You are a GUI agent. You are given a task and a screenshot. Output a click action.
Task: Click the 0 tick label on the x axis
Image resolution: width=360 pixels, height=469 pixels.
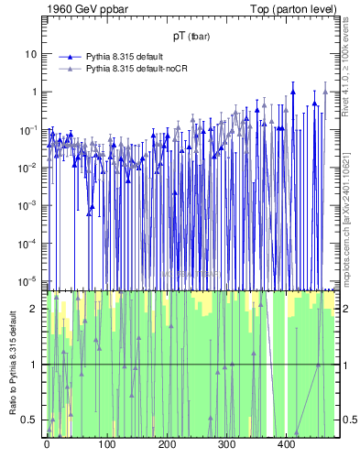click(x=47, y=444)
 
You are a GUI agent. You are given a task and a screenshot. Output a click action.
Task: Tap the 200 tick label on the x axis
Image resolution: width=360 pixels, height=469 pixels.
click(x=167, y=444)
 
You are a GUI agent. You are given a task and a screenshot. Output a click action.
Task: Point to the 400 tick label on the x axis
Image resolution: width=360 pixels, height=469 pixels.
click(x=287, y=444)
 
